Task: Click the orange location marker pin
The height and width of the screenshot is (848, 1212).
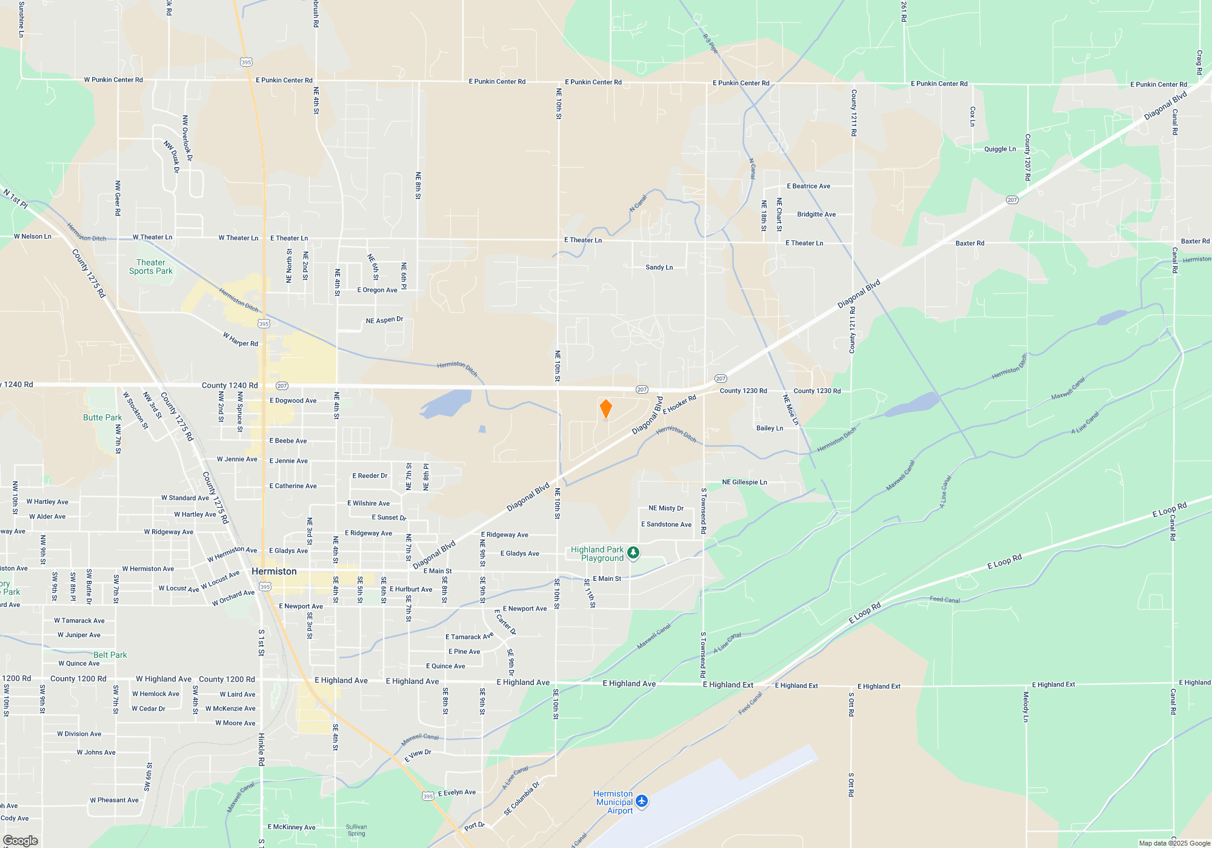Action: click(605, 409)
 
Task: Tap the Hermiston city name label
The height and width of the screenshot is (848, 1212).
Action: click(274, 571)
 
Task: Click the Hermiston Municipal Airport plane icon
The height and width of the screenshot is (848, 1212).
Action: click(642, 801)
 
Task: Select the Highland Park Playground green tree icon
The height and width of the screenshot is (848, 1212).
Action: click(633, 552)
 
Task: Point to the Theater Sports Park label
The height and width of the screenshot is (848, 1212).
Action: click(151, 267)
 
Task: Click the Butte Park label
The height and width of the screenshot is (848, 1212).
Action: click(102, 417)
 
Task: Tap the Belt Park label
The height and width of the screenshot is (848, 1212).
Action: click(110, 655)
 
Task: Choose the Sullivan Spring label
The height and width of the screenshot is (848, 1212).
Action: click(356, 830)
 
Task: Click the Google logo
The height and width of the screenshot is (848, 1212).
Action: click(20, 840)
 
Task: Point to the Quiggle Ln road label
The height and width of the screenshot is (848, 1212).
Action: click(1000, 149)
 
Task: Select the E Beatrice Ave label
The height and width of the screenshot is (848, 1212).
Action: click(808, 186)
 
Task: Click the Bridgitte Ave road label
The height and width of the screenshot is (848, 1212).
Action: click(816, 214)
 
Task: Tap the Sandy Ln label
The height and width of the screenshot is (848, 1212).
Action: click(659, 267)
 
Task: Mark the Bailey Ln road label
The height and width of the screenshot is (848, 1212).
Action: click(770, 428)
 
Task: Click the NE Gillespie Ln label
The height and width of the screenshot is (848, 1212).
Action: click(744, 482)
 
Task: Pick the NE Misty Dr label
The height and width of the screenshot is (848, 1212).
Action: click(666, 508)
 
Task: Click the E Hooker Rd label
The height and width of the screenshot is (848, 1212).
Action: click(679, 405)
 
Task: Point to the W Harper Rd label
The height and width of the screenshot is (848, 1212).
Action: click(241, 339)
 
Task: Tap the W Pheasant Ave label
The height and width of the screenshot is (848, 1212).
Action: click(114, 800)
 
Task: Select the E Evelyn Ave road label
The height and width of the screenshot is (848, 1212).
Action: click(457, 792)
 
